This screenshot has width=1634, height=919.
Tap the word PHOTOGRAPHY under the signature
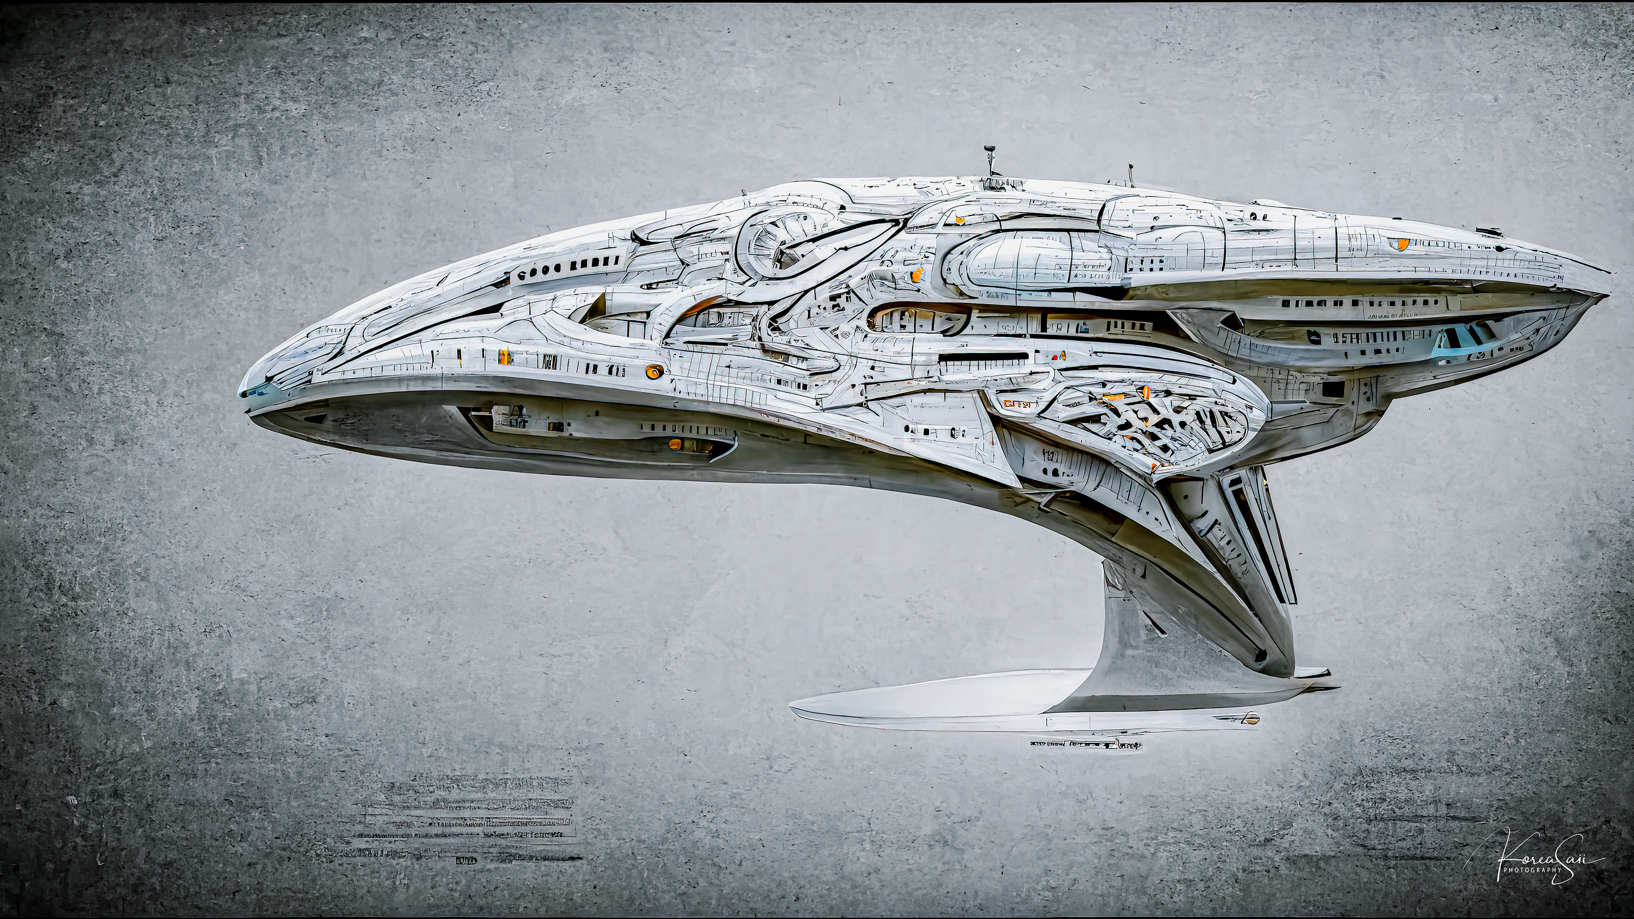(x=1532, y=870)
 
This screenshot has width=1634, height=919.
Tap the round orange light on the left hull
(x=653, y=371)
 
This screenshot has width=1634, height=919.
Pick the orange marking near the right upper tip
(x=1397, y=243)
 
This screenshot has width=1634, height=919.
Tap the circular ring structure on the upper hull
(x=780, y=244)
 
